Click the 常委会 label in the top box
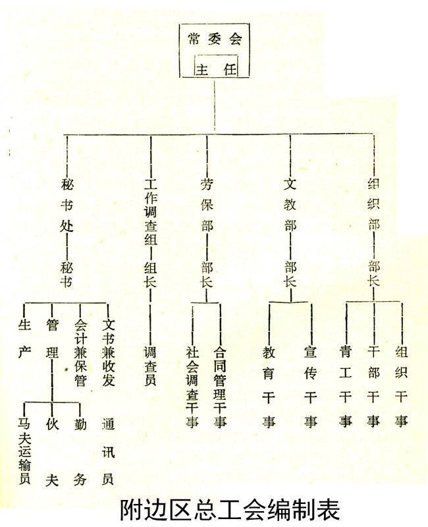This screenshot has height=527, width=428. [215, 39]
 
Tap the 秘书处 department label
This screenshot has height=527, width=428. [67, 205]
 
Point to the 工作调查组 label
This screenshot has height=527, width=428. [151, 211]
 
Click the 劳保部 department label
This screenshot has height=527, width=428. [207, 205]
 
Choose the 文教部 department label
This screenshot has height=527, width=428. [290, 205]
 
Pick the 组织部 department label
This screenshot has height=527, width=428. [373, 205]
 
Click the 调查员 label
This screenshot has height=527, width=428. [150, 366]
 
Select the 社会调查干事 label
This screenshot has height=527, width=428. [192, 387]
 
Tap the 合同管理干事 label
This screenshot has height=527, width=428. [220, 387]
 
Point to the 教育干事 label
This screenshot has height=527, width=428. [269, 387]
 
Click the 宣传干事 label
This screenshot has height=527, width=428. [310, 387]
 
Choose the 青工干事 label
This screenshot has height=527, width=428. [346, 387]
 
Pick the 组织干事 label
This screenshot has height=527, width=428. [401, 387]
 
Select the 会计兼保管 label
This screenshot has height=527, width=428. [80, 352]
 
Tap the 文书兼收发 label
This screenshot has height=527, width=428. [108, 352]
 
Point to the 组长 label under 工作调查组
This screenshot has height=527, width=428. [150, 275]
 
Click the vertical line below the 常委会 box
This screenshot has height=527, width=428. [215, 105]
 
